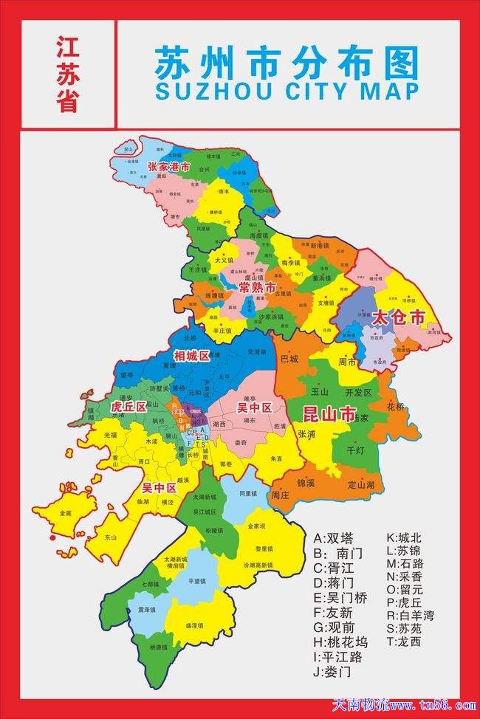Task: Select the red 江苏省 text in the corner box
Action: tap(67, 74)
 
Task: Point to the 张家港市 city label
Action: tap(168, 168)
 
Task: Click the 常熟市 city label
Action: tap(257, 287)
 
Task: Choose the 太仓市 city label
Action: tap(399, 318)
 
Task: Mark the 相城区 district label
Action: tap(191, 357)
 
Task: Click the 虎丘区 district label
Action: tap(128, 407)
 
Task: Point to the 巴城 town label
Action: tap(289, 359)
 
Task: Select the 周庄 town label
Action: tap(280, 495)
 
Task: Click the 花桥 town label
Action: tap(396, 406)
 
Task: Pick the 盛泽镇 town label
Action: tap(195, 625)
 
